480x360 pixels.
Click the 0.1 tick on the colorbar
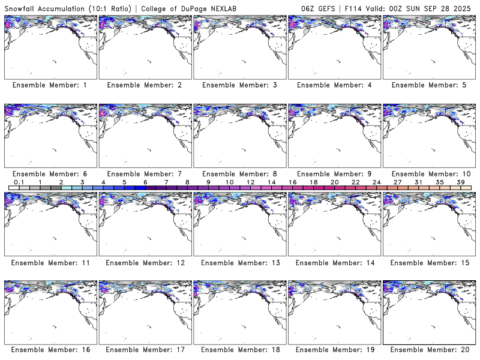tap(19, 182)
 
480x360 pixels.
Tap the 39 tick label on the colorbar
tap(460, 182)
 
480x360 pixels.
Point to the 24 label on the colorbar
tap(376, 182)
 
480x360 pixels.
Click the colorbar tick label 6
tap(145, 182)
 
